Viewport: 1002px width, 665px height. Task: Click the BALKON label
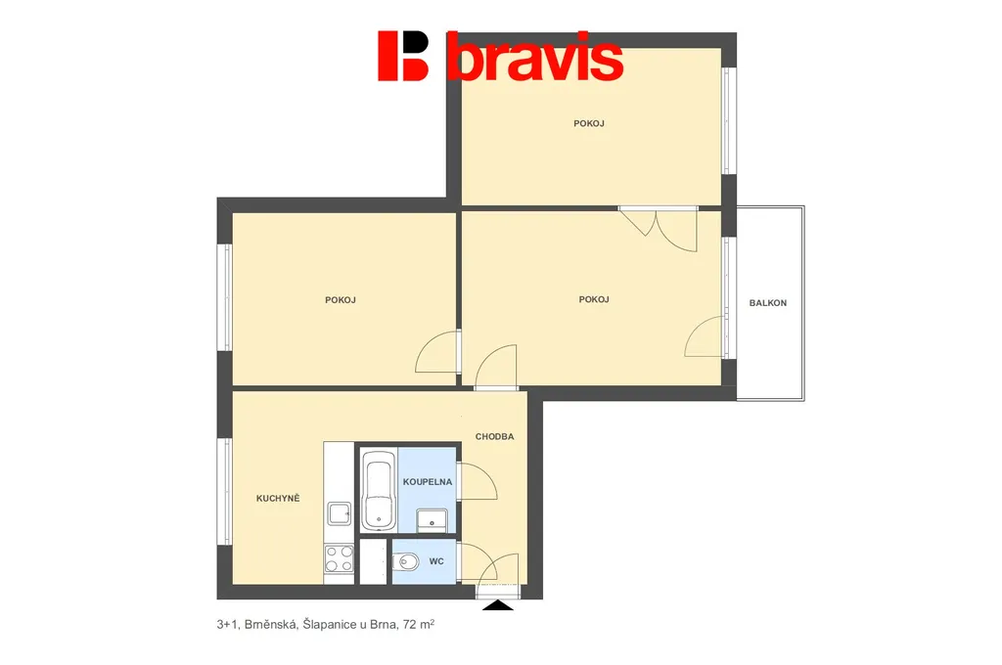click(x=767, y=303)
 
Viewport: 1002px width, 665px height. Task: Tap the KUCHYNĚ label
click(x=278, y=499)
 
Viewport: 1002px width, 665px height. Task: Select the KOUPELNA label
click(x=428, y=482)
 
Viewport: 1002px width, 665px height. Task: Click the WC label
click(x=436, y=561)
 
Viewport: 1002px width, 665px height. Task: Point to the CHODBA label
click(x=494, y=437)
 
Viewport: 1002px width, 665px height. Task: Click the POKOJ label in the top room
click(x=589, y=123)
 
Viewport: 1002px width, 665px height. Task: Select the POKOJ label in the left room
click(x=341, y=299)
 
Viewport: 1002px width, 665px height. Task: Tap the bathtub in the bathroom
click(x=379, y=490)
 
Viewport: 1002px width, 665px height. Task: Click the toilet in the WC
click(x=405, y=562)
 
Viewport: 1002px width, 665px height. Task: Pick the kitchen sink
click(x=339, y=513)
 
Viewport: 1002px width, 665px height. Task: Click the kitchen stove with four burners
click(x=339, y=559)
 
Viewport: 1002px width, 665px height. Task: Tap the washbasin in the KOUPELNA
click(x=432, y=520)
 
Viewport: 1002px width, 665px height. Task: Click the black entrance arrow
click(x=498, y=605)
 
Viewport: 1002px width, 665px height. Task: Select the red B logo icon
click(x=403, y=56)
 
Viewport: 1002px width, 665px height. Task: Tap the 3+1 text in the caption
click(x=227, y=625)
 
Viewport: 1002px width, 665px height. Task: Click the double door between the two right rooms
click(x=659, y=228)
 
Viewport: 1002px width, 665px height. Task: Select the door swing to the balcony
click(x=706, y=336)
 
